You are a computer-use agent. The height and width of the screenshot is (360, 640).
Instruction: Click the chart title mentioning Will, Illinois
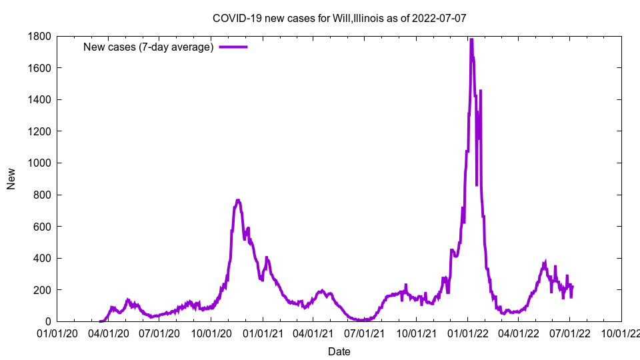click(339, 18)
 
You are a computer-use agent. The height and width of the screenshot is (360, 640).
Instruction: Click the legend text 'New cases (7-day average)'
click(148, 47)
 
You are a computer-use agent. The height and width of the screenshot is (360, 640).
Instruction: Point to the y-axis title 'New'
click(11, 179)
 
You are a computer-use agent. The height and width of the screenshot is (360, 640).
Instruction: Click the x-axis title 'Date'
click(339, 351)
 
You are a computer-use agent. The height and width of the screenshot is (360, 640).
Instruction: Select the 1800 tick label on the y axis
click(40, 36)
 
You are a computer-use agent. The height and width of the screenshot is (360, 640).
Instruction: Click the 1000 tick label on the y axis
click(40, 163)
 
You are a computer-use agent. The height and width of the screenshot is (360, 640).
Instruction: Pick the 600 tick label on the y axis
click(43, 227)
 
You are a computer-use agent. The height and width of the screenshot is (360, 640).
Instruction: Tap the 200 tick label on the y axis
click(43, 290)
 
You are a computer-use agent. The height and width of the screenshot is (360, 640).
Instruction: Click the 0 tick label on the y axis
click(48, 321)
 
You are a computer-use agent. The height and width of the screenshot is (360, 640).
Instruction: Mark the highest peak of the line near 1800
click(471, 39)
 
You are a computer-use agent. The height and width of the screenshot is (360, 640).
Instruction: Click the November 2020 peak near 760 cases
click(238, 200)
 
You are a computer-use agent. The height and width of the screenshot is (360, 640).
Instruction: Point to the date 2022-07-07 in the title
click(441, 18)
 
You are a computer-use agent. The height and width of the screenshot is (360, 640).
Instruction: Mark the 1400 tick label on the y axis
click(40, 99)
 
